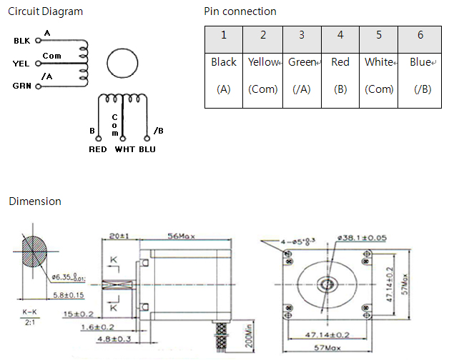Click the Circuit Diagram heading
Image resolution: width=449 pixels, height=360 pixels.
click(45, 11)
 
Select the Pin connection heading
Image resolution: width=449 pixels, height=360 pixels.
click(240, 11)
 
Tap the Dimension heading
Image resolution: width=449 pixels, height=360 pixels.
click(35, 201)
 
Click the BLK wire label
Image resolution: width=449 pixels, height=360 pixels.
click(22, 41)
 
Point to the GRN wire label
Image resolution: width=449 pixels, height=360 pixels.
click(22, 86)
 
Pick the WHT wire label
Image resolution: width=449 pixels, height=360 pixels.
click(124, 149)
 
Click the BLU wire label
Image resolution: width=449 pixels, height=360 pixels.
click(147, 149)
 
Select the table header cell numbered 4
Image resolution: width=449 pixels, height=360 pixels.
click(340, 35)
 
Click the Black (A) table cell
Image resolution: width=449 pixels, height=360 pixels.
click(224, 76)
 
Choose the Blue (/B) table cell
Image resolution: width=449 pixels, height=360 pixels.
click(421, 76)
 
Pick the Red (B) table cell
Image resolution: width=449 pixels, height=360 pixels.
click(340, 76)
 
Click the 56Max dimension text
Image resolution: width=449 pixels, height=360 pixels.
click(183, 236)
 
